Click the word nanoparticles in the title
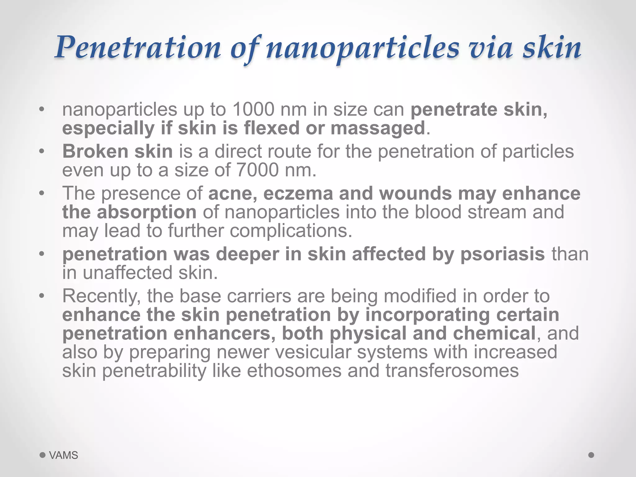(x=362, y=48)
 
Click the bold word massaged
(x=378, y=128)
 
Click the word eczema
(x=298, y=193)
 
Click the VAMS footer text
(x=64, y=455)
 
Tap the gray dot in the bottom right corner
(x=591, y=455)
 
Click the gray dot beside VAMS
(x=43, y=455)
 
